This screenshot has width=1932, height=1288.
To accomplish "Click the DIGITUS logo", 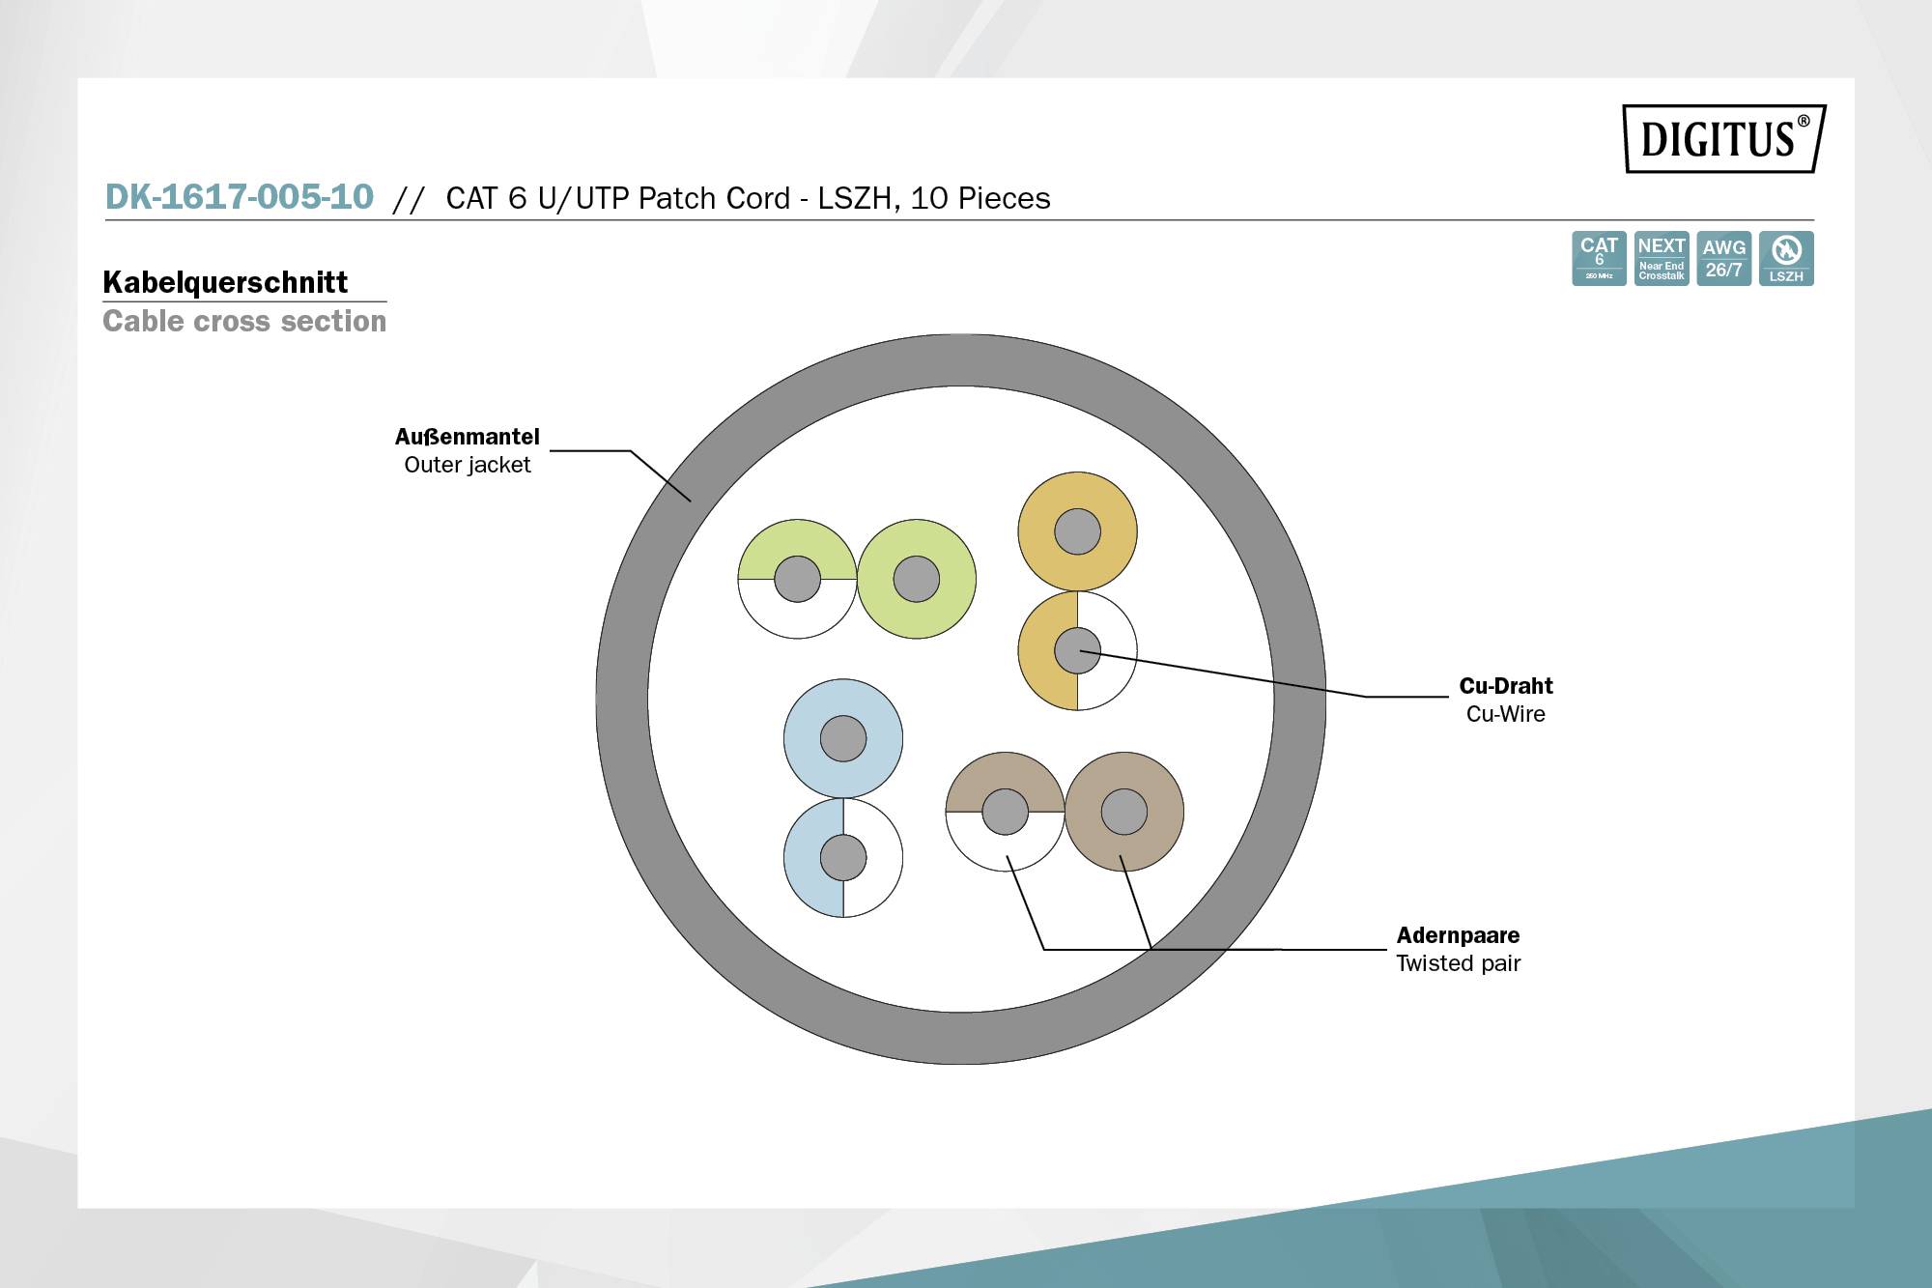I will tap(1723, 138).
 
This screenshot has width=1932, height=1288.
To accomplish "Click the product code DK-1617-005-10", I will tap(239, 197).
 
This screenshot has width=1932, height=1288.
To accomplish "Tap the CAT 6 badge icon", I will tap(1599, 258).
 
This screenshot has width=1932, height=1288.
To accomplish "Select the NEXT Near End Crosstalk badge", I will tap(1661, 258).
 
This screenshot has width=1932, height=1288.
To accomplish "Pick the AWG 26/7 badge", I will tap(1723, 258).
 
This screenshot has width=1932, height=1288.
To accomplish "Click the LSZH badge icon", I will tap(1786, 258).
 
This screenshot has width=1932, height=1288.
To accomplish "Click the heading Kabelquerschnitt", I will tap(225, 282).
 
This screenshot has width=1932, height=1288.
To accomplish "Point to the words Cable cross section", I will tap(244, 321).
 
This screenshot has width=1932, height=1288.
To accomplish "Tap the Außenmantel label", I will tap(467, 437).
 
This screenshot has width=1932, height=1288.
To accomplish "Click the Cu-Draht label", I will tap(1505, 686).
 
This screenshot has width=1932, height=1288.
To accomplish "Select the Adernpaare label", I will tap(1458, 935).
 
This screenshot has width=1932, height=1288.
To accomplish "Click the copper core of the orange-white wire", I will tap(1077, 650).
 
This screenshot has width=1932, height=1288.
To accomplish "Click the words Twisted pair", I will tap(1458, 963).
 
